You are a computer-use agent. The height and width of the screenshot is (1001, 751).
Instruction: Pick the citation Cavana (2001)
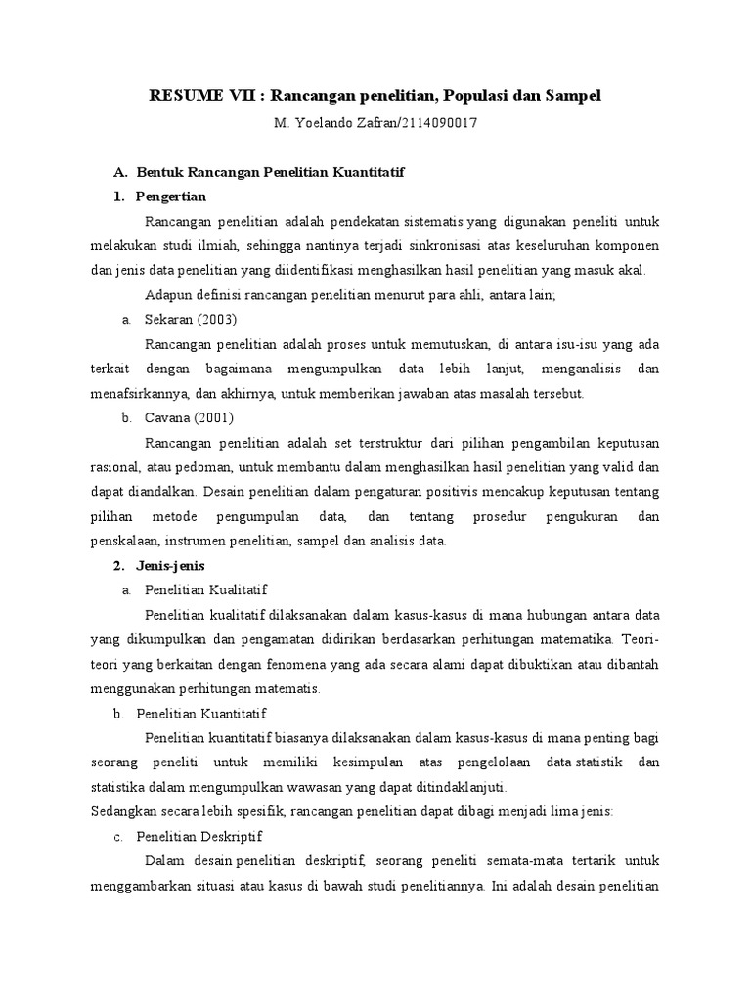(189, 417)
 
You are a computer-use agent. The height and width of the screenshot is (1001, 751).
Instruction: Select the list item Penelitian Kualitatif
(205, 590)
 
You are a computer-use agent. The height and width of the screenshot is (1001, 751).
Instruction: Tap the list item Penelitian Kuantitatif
(201, 714)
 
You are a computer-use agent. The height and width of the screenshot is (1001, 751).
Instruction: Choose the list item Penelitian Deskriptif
(199, 837)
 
